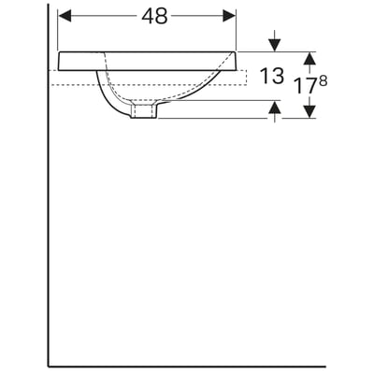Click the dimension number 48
(154, 16)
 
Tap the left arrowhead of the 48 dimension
(65, 16)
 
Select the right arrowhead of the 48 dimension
(229, 16)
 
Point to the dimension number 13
(272, 76)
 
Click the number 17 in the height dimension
(306, 86)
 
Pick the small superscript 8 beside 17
(324, 81)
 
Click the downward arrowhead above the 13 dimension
(274, 45)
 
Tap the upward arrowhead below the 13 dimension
(274, 107)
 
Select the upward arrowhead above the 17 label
(309, 58)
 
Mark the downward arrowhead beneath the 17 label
(309, 112)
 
